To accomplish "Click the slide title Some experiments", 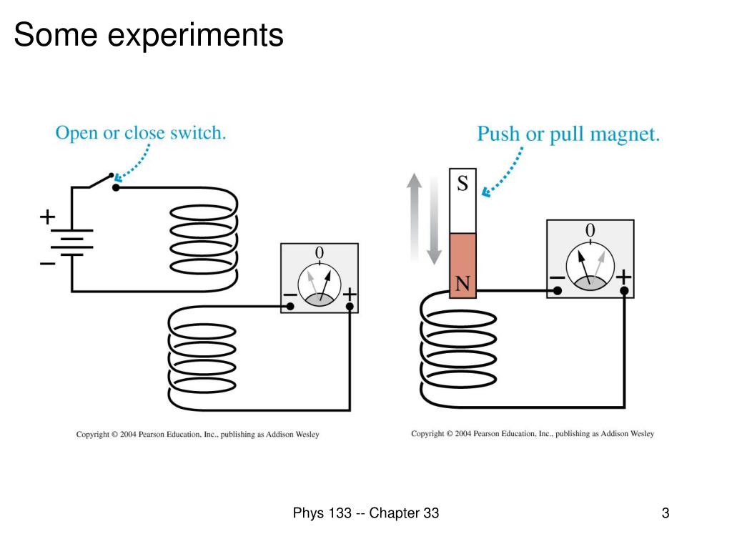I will [149, 35].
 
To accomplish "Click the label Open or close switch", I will [141, 133].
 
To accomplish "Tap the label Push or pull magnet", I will [568, 134].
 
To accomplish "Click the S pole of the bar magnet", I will [463, 200].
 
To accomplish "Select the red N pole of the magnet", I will [463, 264].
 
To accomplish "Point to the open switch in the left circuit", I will [101, 181].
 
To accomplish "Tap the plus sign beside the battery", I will [47, 216].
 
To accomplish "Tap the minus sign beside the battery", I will [47, 264].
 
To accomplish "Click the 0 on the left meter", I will [319, 253].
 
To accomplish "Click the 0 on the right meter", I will [590, 230].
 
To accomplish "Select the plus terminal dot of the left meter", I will [350, 307].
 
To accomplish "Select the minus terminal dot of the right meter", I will [556, 291].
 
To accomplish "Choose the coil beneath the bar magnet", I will [457, 350].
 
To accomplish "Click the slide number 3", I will [666, 513].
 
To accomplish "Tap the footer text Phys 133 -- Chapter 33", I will [365, 513].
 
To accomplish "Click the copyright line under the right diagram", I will [532, 433].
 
